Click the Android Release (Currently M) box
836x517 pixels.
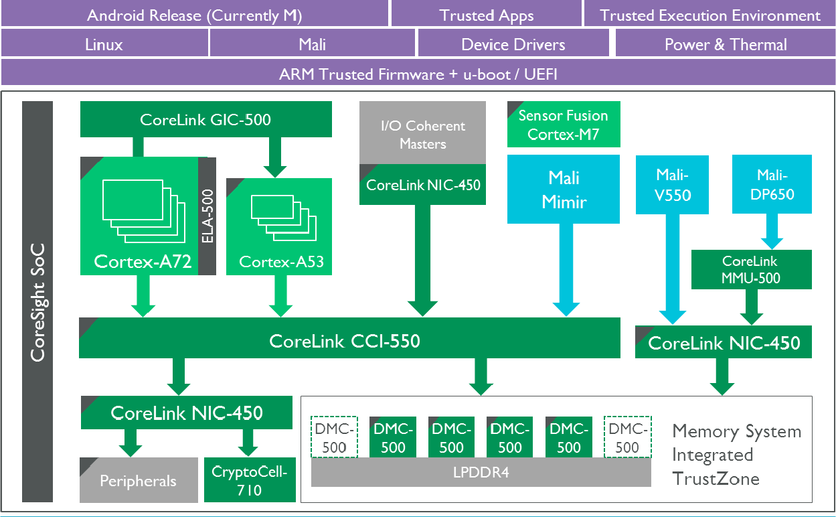point(194,15)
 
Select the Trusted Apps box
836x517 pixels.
point(486,15)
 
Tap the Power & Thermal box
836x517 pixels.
point(725,45)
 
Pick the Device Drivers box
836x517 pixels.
point(513,45)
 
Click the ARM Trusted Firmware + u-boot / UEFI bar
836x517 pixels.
point(418,73)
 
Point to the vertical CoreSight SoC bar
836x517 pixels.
point(37,301)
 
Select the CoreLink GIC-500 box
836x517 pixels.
point(205,119)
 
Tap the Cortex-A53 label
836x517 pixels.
point(281,262)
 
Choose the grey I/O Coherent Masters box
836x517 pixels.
point(422,133)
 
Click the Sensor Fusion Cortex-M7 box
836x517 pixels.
point(564,125)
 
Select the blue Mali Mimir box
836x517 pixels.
point(564,190)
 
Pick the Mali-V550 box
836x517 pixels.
point(672,185)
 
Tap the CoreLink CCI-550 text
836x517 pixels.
point(345,341)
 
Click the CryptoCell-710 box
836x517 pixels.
point(249,480)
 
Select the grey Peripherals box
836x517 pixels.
point(139,480)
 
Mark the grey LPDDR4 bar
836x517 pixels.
point(481,473)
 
